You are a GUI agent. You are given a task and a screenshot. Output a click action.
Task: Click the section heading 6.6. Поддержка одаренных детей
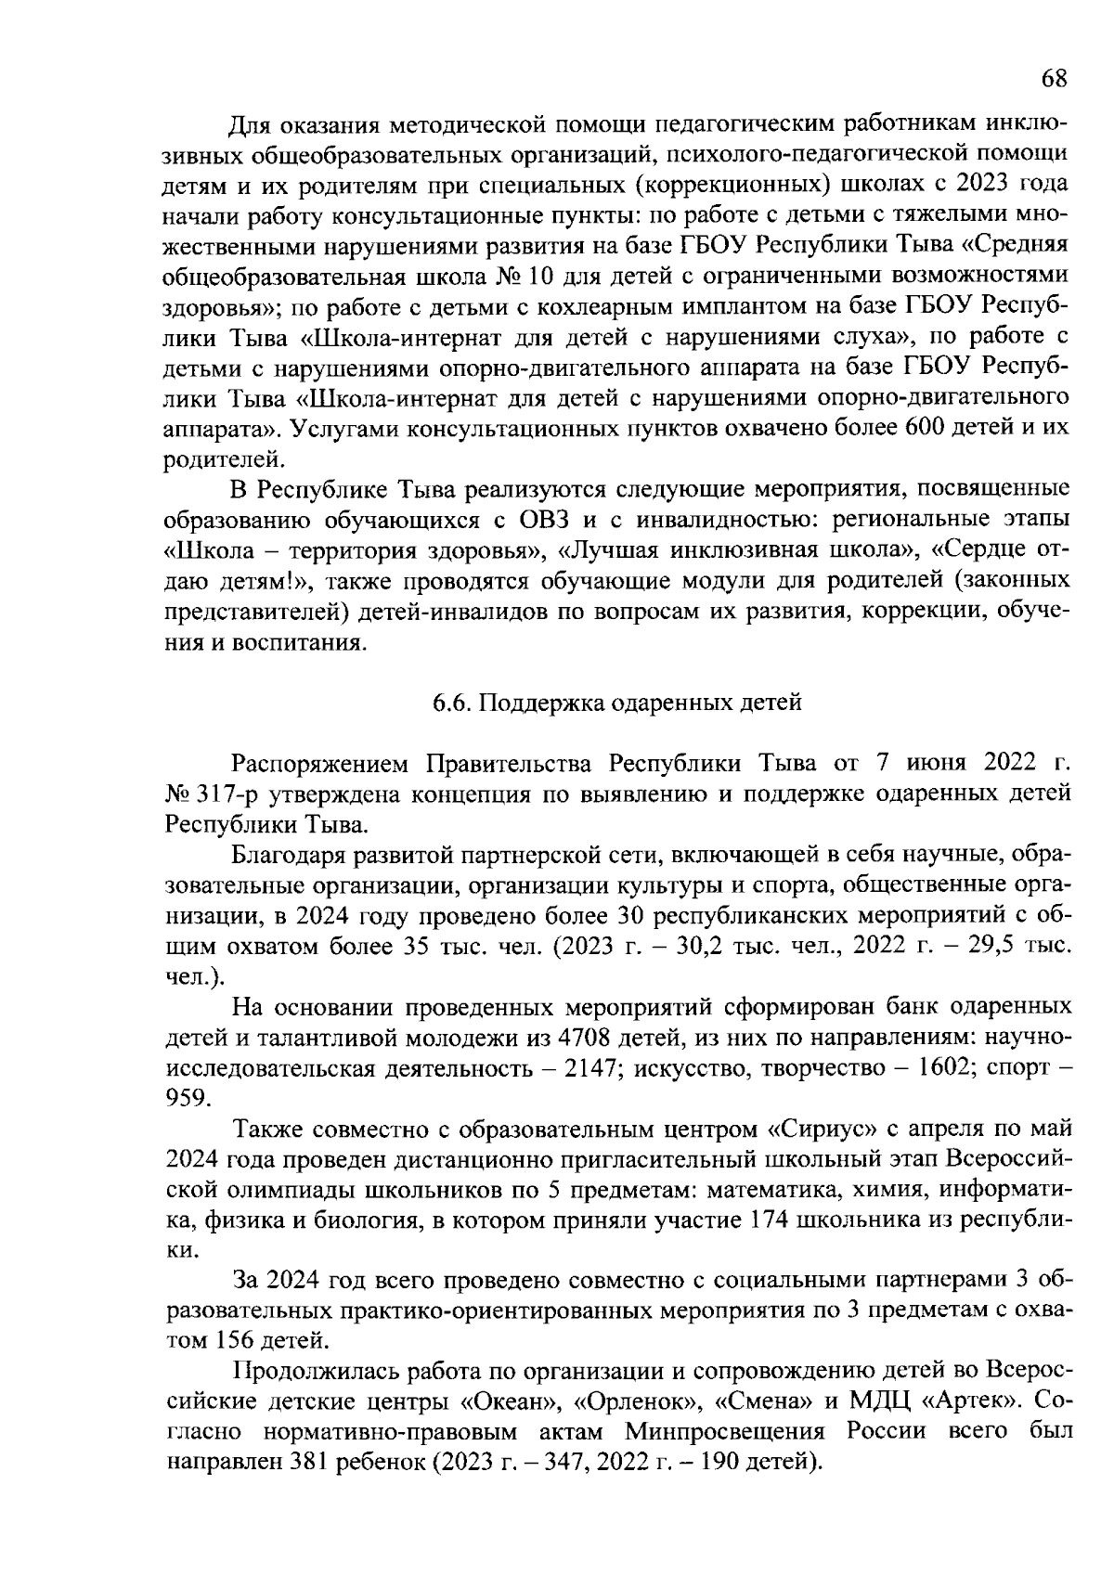[616, 703]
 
